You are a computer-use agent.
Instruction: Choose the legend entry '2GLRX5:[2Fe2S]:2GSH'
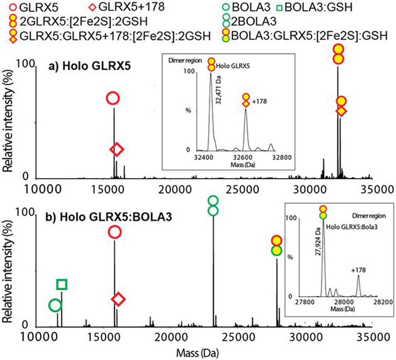[63, 21]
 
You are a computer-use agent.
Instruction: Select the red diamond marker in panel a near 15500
[117, 149]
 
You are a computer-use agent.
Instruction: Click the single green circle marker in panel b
[55, 306]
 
